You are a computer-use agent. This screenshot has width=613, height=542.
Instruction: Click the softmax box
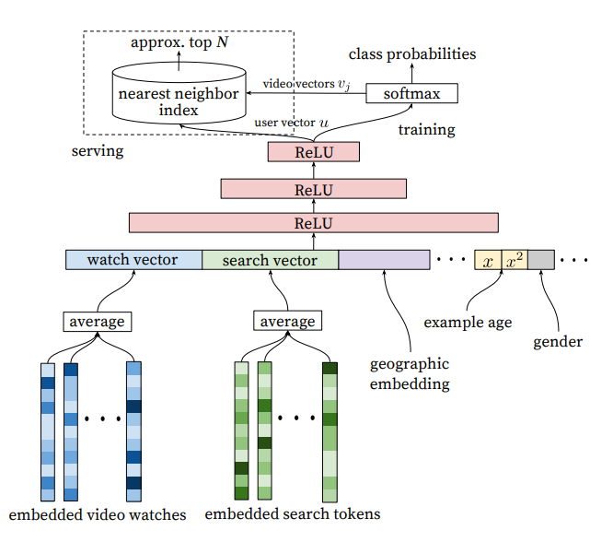click(411, 93)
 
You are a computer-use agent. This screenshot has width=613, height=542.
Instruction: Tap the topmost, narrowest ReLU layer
click(313, 152)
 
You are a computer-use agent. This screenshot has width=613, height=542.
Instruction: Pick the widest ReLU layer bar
click(313, 222)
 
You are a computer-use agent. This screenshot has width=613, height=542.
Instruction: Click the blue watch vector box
click(133, 260)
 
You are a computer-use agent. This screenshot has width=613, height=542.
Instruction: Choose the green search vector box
click(270, 260)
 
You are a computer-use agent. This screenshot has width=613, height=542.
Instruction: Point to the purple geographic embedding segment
click(384, 260)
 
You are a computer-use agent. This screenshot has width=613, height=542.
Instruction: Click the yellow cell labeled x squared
click(515, 260)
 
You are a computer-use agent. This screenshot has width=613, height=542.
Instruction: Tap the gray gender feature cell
click(541, 260)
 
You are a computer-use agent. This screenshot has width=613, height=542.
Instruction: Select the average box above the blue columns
click(98, 322)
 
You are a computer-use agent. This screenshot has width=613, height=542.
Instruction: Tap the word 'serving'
click(97, 149)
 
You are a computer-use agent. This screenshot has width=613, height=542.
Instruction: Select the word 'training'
click(426, 129)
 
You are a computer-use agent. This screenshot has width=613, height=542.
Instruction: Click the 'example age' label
click(468, 323)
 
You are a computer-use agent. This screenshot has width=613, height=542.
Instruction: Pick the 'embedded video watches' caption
click(97, 513)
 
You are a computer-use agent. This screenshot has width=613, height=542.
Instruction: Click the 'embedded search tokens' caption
click(292, 513)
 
